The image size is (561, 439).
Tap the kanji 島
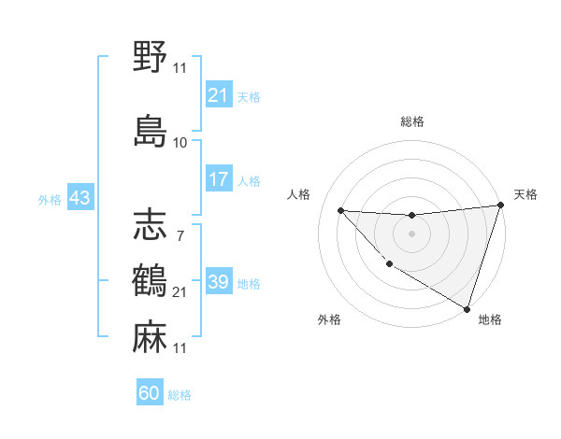point(150,130)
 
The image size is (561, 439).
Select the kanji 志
point(150,224)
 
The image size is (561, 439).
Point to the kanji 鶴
point(150,281)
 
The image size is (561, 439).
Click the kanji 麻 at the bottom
point(150,336)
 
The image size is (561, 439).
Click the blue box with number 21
point(218,95)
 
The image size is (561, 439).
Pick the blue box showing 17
point(218,179)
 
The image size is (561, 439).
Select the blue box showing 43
point(79,198)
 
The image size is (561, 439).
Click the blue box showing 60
point(150,393)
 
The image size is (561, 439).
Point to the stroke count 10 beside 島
point(180,142)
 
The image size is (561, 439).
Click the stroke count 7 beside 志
point(180,235)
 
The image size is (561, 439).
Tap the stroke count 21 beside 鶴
point(180,292)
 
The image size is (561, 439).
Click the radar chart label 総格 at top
point(411,121)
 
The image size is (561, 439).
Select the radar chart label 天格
point(525,194)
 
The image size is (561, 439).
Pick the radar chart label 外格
point(329,320)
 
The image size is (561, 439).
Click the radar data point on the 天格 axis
point(500,206)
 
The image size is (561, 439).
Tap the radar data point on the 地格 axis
point(467,308)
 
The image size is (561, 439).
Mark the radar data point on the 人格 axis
point(340,210)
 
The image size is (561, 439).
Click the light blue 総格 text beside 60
point(180,395)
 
